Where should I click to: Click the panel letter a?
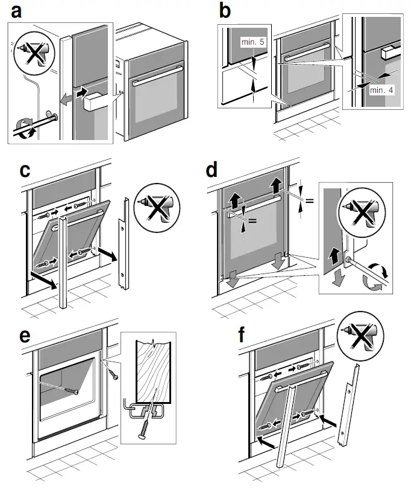click(x=16, y=11)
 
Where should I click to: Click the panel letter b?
click(x=225, y=11)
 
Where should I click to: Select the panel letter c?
click(x=25, y=171)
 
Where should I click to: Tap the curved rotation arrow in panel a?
click(x=22, y=129)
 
